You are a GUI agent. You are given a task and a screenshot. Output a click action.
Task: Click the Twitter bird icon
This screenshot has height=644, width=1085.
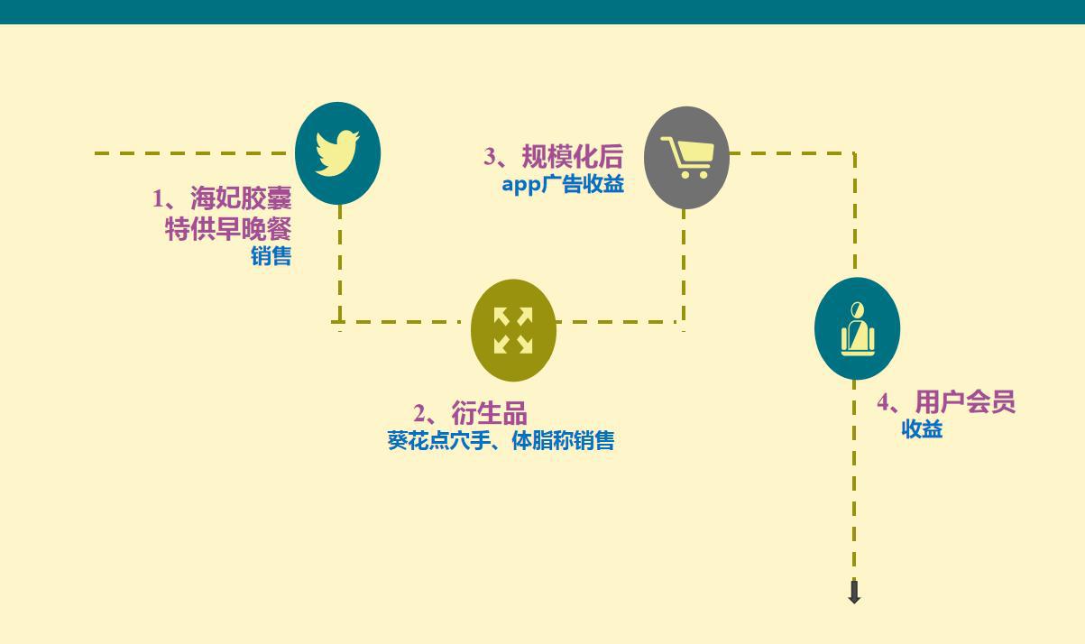(x=337, y=152)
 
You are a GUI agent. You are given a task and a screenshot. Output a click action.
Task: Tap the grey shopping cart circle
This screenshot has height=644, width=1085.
(x=686, y=157)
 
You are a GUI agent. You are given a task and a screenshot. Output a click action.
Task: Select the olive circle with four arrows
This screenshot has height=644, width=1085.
(x=513, y=330)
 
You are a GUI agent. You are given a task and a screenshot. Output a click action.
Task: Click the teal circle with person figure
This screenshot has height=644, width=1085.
(x=857, y=328)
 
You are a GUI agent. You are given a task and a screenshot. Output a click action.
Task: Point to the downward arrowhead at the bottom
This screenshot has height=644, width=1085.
(x=854, y=593)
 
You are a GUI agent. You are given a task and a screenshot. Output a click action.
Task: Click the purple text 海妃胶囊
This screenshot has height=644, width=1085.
(x=241, y=198)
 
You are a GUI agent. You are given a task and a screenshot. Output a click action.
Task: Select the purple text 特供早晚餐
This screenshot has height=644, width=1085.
(x=228, y=228)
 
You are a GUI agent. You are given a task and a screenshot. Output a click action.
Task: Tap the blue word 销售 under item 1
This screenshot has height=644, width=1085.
(x=271, y=256)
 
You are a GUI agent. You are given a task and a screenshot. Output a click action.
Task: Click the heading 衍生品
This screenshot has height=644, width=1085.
(x=489, y=414)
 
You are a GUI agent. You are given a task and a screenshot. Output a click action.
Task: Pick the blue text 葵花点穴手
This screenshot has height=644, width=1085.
(x=437, y=441)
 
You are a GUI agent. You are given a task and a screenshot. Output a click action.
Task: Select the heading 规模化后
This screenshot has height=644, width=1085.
(x=572, y=157)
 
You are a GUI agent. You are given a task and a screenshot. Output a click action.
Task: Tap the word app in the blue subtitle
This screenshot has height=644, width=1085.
(x=521, y=185)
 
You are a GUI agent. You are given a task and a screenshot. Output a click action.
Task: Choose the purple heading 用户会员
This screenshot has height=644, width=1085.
(x=965, y=401)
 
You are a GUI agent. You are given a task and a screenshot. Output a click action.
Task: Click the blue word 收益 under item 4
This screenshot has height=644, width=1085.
(x=922, y=429)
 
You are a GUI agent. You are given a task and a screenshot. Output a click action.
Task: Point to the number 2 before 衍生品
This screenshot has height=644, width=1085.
(x=419, y=415)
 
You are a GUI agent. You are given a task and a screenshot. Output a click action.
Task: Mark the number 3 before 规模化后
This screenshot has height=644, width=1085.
(x=490, y=157)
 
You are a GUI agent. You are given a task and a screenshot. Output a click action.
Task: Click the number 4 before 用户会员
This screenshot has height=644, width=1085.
(x=883, y=402)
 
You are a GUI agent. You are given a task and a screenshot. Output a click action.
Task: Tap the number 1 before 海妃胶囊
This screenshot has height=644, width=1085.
(x=158, y=199)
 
